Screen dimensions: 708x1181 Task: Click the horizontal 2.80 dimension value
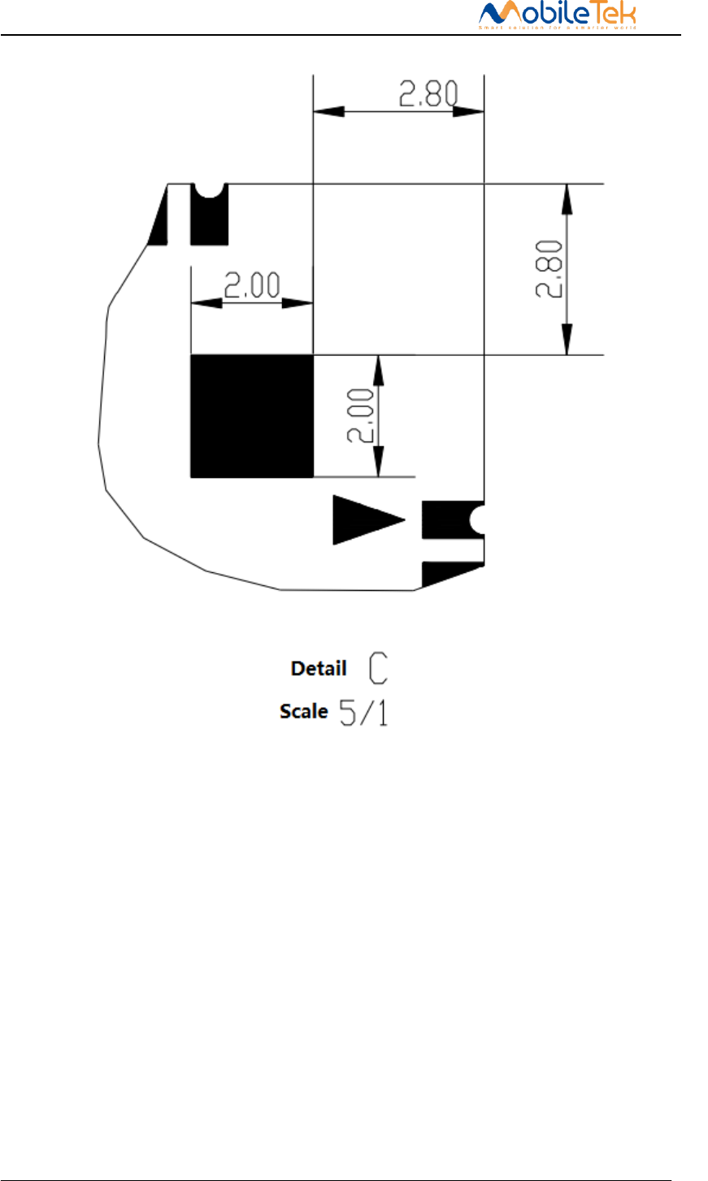[x=428, y=93]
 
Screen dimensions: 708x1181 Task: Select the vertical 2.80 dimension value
[x=551, y=269]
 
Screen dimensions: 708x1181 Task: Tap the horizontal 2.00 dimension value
[x=252, y=286]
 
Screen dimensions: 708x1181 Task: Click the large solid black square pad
[x=251, y=416]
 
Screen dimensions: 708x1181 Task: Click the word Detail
[x=319, y=669]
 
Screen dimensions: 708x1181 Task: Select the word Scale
[x=304, y=711]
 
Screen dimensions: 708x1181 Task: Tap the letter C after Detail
[x=378, y=668]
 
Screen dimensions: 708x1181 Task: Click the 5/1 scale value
[x=363, y=712]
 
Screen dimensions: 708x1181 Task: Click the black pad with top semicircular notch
[x=209, y=218]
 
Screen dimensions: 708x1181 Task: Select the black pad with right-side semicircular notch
[x=450, y=520]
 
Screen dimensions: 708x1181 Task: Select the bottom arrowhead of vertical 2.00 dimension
[x=377, y=463]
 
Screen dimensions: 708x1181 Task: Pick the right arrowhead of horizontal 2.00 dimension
[x=298, y=302]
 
